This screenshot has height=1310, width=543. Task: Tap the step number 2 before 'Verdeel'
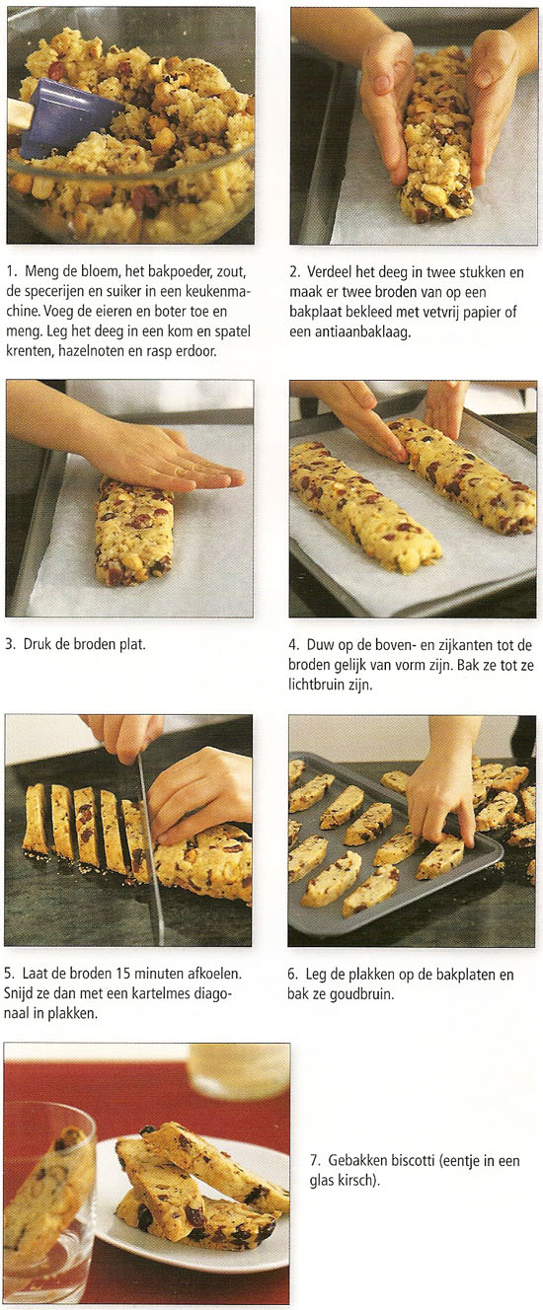294,272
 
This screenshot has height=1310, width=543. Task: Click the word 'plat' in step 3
131,644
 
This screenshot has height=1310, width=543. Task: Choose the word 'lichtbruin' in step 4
316,685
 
